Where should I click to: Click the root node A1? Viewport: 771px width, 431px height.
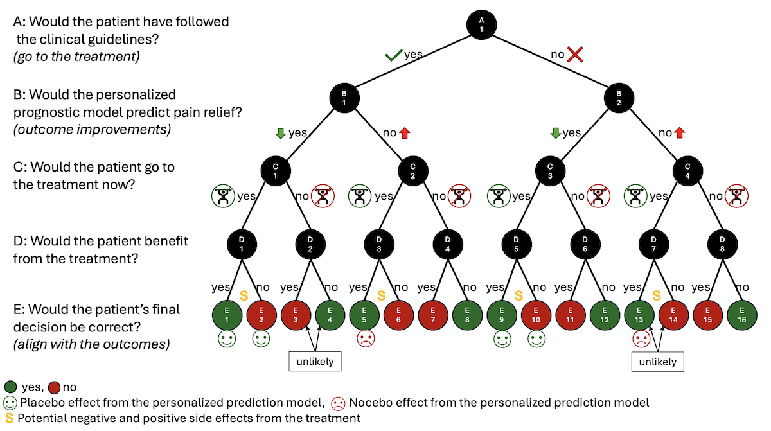[x=481, y=25]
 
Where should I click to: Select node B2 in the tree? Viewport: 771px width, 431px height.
[x=619, y=98]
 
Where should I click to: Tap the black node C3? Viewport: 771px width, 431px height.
[x=550, y=171]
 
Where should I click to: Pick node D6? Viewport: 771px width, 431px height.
[x=585, y=244]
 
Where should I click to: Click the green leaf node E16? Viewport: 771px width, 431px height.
[x=741, y=315]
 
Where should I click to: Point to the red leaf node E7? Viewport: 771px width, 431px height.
[x=432, y=315]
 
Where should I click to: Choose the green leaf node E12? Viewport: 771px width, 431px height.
[x=605, y=315]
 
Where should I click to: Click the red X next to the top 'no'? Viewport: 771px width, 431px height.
[x=575, y=55]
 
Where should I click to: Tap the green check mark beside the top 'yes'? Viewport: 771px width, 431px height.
[x=394, y=55]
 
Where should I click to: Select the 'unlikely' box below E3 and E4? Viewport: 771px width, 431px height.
[x=315, y=361]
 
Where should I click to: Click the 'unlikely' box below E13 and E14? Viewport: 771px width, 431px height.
[x=657, y=362]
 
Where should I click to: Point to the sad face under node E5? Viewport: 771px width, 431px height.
[x=366, y=339]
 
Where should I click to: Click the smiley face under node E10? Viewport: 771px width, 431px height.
[x=536, y=339]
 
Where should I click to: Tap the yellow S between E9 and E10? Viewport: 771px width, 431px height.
[x=518, y=295]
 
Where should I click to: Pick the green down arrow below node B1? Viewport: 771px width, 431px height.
[x=281, y=133]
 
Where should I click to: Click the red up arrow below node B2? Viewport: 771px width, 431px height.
[x=680, y=133]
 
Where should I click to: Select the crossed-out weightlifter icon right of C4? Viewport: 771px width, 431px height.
[x=736, y=196]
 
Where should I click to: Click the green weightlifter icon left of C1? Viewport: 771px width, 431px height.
[x=223, y=196]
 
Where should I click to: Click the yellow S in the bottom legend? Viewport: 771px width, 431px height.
[x=9, y=418]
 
